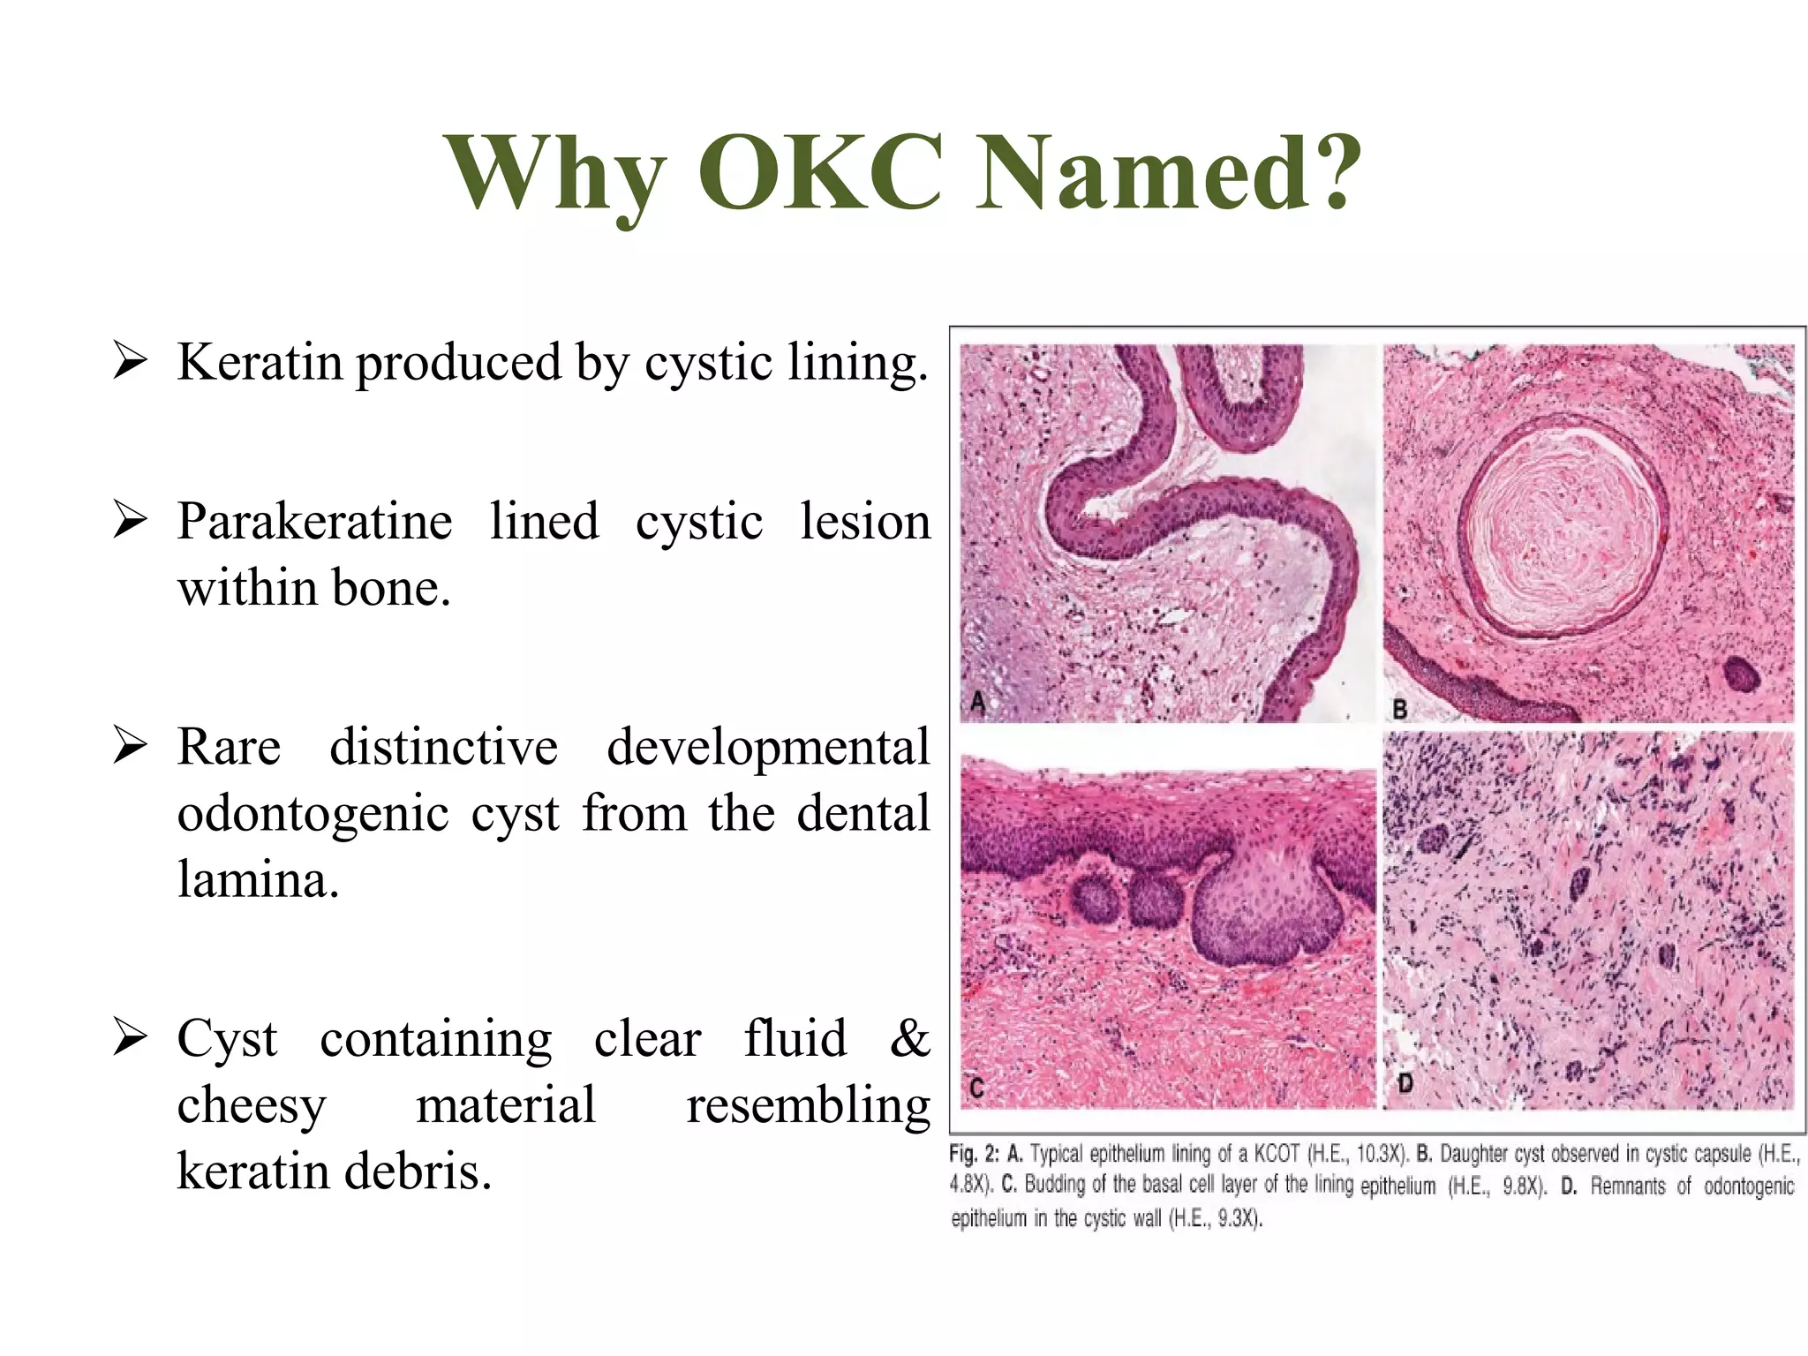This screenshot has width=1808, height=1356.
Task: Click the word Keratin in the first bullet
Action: pos(260,362)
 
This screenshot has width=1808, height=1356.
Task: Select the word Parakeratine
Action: pos(314,521)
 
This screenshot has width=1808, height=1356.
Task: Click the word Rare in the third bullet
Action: pos(229,747)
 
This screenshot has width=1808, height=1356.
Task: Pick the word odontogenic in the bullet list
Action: pos(313,813)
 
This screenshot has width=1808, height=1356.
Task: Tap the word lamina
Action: pos(258,879)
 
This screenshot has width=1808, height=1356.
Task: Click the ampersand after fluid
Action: pos(909,1038)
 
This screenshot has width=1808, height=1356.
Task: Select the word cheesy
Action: pos(252,1105)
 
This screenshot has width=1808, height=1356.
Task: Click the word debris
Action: pos(418,1171)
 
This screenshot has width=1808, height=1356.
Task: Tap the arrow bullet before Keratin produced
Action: pos(129,362)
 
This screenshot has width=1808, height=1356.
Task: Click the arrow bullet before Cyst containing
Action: pos(129,1038)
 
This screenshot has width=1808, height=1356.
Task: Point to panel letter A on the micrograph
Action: pos(977,703)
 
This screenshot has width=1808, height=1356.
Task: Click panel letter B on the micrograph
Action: pos(1399,708)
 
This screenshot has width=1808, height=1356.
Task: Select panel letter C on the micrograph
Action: pos(976,1088)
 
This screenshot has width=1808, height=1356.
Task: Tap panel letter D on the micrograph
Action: pos(1405,1082)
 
